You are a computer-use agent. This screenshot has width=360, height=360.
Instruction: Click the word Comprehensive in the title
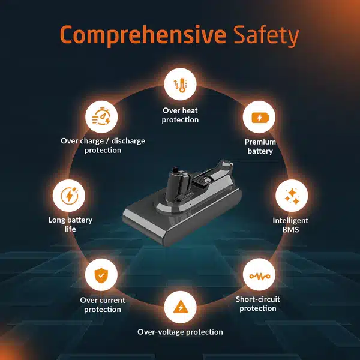[143, 35]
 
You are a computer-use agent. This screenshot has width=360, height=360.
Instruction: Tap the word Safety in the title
[266, 35]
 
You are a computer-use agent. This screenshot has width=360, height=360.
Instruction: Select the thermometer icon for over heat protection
[180, 85]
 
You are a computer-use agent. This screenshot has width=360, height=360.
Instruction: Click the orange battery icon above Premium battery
[260, 118]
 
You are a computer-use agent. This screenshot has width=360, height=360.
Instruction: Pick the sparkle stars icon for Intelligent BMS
[292, 196]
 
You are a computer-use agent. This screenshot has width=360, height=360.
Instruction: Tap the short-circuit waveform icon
[260, 276]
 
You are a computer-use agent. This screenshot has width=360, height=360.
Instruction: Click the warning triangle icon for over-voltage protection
[181, 307]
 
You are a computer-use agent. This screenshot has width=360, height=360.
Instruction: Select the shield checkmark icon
[101, 275]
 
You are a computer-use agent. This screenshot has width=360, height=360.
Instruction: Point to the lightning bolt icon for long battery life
[69, 196]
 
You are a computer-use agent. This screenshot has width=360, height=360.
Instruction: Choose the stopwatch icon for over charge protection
[101, 116]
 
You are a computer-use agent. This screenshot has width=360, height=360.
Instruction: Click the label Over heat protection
[180, 115]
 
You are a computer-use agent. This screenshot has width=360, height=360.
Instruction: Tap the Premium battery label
[260, 146]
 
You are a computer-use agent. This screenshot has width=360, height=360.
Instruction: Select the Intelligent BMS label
[290, 225]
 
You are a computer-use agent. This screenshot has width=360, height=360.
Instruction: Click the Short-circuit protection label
[258, 304]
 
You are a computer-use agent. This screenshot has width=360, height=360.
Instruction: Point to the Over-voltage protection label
[180, 332]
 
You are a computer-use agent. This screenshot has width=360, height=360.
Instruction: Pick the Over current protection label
[103, 305]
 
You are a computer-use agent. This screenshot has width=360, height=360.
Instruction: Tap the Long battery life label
[70, 224]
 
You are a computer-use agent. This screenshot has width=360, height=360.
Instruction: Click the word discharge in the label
[128, 141]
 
